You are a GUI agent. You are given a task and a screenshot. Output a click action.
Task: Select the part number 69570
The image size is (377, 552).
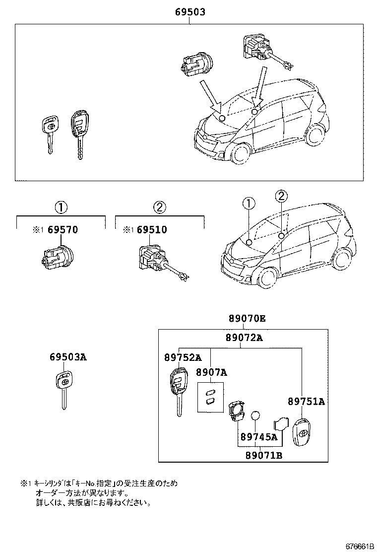click(x=63, y=230)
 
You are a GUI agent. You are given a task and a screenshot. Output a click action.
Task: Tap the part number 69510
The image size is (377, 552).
click(x=152, y=230)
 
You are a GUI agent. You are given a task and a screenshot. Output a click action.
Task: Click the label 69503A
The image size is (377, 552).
click(x=67, y=356)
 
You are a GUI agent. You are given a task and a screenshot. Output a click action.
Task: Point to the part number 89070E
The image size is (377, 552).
click(x=247, y=319)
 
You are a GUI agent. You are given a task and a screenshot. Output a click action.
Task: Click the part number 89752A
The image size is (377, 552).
click(x=183, y=357)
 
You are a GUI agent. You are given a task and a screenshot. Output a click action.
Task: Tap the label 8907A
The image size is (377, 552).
click(x=211, y=372)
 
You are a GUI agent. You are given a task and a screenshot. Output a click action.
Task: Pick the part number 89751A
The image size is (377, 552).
click(x=307, y=402)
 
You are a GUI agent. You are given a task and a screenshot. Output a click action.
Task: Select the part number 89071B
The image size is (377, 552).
click(x=264, y=455)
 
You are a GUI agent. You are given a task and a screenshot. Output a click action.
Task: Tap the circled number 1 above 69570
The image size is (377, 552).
click(x=61, y=207)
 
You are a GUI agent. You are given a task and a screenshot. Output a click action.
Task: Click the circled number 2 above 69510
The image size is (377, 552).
click(x=160, y=207)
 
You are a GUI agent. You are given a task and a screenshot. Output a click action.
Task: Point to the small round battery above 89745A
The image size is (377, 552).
click(x=255, y=416)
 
